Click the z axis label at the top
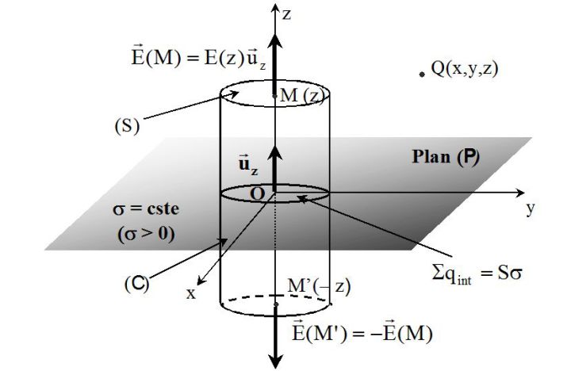pos(287,14)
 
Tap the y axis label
pos(531,208)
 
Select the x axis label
pos(191,293)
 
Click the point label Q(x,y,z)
pos(464,68)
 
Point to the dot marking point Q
pos(422,75)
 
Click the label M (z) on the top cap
pos(302,96)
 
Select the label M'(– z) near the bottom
pos(319,286)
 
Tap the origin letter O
pos(257,194)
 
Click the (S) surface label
pos(127,127)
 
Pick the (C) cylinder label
pos(137,284)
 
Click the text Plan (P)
pos(446,157)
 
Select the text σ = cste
pos(146,209)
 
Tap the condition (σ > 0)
pos(146,234)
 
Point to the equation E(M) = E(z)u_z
pos(199,57)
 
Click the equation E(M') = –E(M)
pos(362,332)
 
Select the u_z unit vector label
pos(248,165)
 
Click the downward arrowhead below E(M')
pos(277,361)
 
